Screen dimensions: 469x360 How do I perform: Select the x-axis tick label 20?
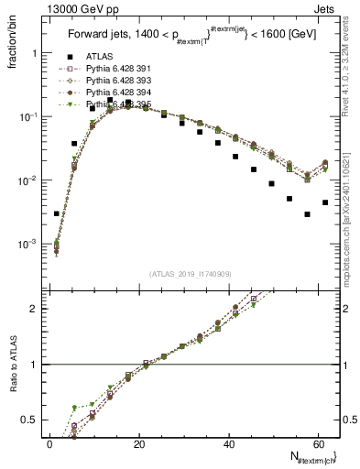(138, 444)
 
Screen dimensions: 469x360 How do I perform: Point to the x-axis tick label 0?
(49, 444)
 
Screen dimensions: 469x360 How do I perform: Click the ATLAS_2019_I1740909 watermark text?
(191, 273)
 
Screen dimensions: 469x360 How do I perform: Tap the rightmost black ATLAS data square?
(325, 202)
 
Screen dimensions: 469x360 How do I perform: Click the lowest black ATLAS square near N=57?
(307, 214)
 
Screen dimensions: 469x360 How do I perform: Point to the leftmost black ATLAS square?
(57, 213)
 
